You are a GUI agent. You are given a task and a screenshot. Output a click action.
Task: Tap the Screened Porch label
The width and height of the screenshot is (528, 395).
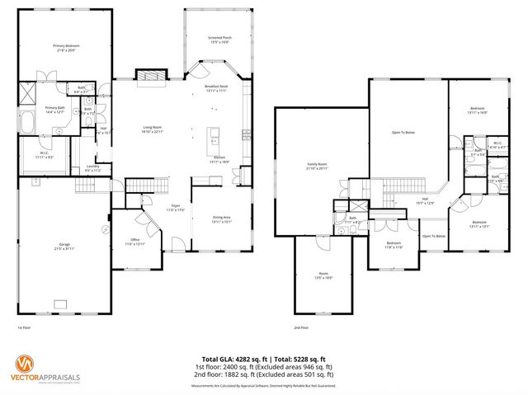coord(219,39)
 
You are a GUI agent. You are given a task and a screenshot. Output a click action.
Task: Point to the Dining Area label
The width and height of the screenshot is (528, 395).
coord(222,219)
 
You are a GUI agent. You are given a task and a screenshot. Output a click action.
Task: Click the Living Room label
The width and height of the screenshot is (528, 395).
coord(153,129)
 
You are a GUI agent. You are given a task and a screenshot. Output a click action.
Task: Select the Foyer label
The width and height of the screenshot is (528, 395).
coord(176,208)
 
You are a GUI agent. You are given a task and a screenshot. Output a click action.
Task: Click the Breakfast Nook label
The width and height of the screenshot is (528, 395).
coord(216,88)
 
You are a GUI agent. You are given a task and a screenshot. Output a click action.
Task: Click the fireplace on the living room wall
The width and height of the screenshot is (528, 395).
coord(149,75)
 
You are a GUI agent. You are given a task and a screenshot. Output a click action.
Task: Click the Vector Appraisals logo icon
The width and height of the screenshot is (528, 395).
coord(27,363)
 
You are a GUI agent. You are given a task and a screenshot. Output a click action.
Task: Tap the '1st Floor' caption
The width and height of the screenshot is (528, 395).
coord(25,327)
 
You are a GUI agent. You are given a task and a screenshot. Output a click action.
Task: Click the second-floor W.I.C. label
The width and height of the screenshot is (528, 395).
coord(497,144)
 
